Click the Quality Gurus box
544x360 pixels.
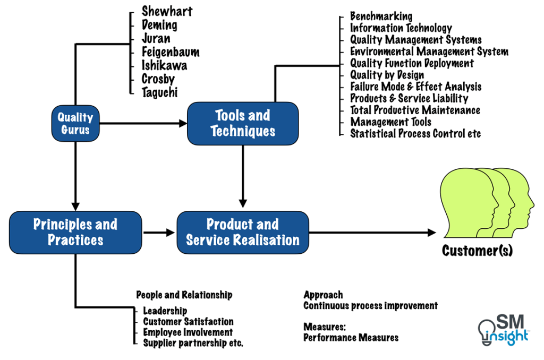pyautogui.click(x=75, y=123)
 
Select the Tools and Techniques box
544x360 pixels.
pyautogui.click(x=243, y=123)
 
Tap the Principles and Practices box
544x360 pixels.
pyautogui.click(x=75, y=232)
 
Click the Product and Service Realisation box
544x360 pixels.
pyautogui.click(x=243, y=232)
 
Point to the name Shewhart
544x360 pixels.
pyautogui.click(x=167, y=11)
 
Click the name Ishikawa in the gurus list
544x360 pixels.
pyautogui.click(x=164, y=65)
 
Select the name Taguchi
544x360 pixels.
pyautogui.click(x=159, y=92)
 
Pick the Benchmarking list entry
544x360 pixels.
pyautogui.click(x=381, y=16)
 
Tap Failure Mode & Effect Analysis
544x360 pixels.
pyautogui.click(x=415, y=87)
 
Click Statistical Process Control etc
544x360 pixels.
pyautogui.click(x=415, y=133)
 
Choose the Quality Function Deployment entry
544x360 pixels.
pyautogui.click(x=412, y=63)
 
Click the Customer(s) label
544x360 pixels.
pyautogui.click(x=477, y=250)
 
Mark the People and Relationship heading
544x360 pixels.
pyautogui.click(x=184, y=295)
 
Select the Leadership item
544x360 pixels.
pyautogui.click(x=165, y=311)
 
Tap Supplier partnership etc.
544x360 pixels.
pyautogui.click(x=193, y=343)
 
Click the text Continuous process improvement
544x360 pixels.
pyautogui.click(x=370, y=306)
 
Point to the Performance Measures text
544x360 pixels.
pyautogui.click(x=351, y=337)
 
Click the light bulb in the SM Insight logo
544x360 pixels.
pyautogui.click(x=488, y=330)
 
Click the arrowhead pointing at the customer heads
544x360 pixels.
pyautogui.click(x=430, y=232)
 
